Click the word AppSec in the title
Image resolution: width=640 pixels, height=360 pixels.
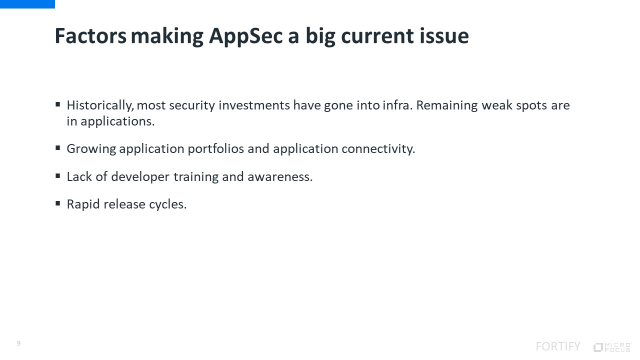[245, 36]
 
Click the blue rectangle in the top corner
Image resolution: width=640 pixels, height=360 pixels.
[27, 4]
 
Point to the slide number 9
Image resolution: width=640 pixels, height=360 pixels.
[19, 343]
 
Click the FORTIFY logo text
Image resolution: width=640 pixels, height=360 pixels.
[558, 346]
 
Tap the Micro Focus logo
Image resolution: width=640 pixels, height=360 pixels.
[612, 347]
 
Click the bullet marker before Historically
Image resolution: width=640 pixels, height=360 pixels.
[58, 104]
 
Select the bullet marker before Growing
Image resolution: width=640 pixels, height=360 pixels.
[58, 147]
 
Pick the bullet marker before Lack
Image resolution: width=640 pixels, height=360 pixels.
[58, 175]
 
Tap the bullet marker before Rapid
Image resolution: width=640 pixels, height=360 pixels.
[58, 203]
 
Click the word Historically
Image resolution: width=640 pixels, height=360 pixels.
[100, 105]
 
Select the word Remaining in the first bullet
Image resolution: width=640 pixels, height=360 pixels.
[447, 105]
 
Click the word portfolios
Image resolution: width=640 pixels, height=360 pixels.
[215, 148]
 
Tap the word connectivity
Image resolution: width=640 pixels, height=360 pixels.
[378, 149]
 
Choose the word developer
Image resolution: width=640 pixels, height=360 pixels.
[140, 177]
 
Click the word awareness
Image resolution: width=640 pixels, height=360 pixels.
[280, 177]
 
